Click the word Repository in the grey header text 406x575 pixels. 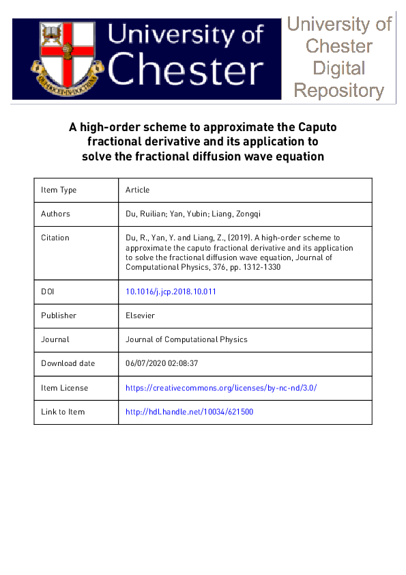[339, 90]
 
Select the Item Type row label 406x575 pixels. [59, 190]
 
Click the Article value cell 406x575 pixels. [137, 190]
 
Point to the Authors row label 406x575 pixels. [55, 214]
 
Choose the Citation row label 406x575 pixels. [55, 238]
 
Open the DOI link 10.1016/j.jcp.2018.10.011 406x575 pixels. [171, 292]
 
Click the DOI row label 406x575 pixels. [48, 292]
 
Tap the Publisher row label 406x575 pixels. [59, 315]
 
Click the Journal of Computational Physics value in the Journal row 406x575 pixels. [186, 339]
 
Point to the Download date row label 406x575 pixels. [68, 363]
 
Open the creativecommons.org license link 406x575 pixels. [221, 388]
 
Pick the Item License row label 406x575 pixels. [64, 388]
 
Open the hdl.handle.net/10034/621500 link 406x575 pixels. [190, 412]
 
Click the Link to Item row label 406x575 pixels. [63, 412]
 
